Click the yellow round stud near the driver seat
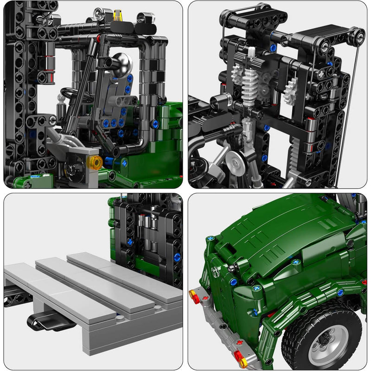click(x=96, y=162)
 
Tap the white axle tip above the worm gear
click(x=252, y=51)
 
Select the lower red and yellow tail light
click(x=241, y=357)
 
